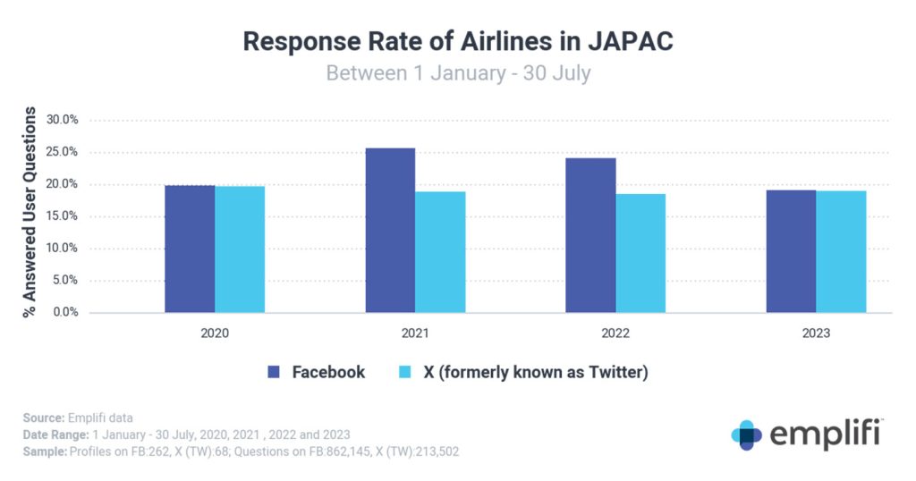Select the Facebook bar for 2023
(x=791, y=251)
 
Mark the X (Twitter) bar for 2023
(x=841, y=251)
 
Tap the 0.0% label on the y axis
(x=64, y=313)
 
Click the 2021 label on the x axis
(x=415, y=333)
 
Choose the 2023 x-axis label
(x=816, y=333)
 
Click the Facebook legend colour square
(x=275, y=372)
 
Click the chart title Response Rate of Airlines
(x=458, y=41)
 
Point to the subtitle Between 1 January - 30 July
(x=458, y=72)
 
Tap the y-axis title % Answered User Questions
(x=30, y=212)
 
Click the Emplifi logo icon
(x=746, y=435)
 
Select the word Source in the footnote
(x=40, y=418)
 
